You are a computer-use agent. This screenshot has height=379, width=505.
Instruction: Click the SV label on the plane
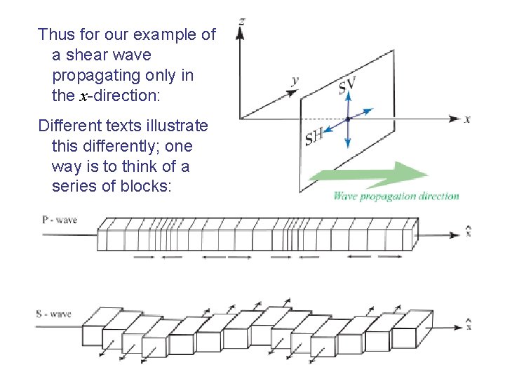346,86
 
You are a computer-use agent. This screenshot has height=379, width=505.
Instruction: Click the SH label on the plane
315,136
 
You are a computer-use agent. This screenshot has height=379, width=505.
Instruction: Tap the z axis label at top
241,22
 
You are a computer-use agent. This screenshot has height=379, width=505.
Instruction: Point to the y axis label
295,81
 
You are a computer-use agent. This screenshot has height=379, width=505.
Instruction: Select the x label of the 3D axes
467,119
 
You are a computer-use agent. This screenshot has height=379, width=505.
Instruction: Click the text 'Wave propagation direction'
396,197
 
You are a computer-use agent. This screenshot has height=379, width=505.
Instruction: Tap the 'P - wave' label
60,220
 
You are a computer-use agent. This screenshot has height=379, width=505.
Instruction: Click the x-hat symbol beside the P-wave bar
469,231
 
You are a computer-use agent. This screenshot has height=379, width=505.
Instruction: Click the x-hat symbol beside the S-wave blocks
469,324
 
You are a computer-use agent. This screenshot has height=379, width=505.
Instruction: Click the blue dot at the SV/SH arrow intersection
348,119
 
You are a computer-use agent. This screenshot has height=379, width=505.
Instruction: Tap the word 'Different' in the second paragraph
67,126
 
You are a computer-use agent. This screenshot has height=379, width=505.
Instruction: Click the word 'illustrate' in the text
178,126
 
